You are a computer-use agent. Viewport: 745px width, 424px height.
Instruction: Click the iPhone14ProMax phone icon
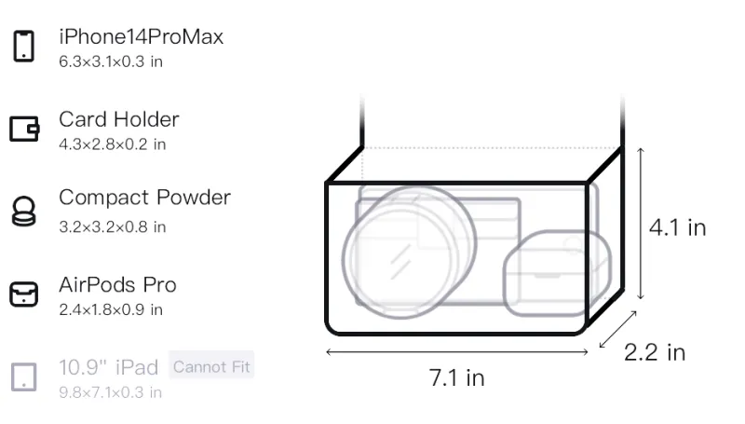[24, 46]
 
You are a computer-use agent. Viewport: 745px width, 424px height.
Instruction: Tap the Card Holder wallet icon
[24, 129]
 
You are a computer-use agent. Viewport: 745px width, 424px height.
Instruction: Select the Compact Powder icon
[24, 211]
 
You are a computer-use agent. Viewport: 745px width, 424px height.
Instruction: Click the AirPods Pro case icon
[24, 294]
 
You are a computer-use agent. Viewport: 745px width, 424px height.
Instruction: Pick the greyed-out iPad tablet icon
[24, 377]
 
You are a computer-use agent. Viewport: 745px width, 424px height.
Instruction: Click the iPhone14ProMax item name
[142, 36]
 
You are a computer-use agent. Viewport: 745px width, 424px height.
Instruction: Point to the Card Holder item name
[119, 119]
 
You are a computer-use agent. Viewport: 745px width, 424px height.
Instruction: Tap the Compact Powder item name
[145, 198]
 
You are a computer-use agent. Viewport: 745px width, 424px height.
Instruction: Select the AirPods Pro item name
[117, 285]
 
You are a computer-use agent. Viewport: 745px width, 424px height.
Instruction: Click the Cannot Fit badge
[211, 366]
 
